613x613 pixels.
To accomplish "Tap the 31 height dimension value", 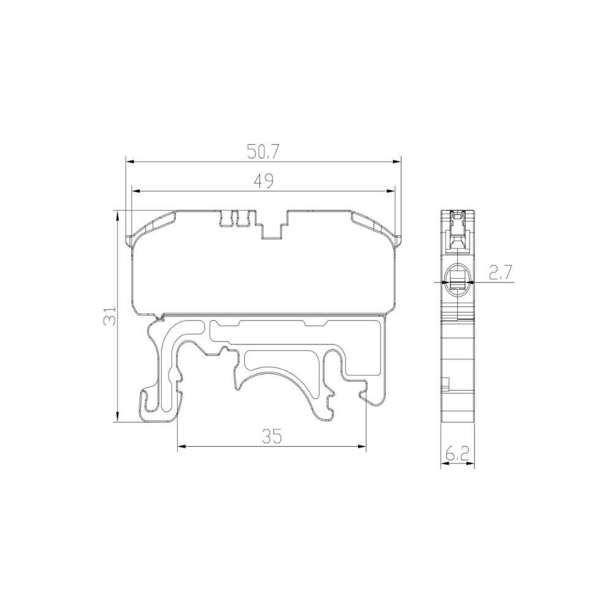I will click(x=109, y=316).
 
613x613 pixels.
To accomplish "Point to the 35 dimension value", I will click(x=271, y=436).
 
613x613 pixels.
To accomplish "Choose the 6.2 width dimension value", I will click(x=457, y=454).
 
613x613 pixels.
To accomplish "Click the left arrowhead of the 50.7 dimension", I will click(x=129, y=162).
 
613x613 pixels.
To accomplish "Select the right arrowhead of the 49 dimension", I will click(x=390, y=191).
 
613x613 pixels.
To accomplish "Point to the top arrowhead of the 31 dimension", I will click(x=117, y=215).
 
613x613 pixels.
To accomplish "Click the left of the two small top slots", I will click(x=226, y=218).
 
